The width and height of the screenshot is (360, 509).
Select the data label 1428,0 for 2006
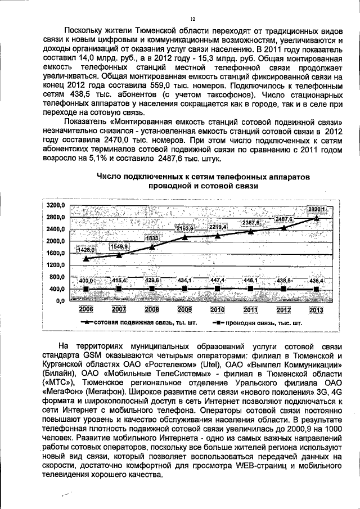(x=87, y=249)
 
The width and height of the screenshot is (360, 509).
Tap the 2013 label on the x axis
(x=317, y=310)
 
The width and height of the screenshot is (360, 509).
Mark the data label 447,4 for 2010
(x=218, y=280)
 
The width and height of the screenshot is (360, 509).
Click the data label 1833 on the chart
(x=152, y=238)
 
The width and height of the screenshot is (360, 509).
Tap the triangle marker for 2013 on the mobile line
(x=317, y=217)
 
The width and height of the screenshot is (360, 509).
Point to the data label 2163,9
(x=184, y=228)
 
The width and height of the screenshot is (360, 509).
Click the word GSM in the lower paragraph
(x=92, y=356)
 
